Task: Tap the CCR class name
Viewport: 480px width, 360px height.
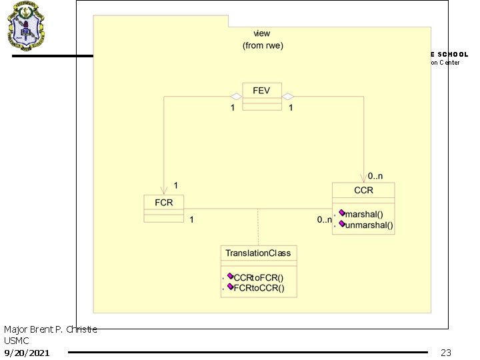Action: coord(363,190)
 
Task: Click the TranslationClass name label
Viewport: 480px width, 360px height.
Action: coord(258,253)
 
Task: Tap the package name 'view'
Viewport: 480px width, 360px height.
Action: coord(262,33)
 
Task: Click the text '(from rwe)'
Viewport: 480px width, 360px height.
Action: coord(262,45)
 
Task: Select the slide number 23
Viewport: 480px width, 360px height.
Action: coord(446,352)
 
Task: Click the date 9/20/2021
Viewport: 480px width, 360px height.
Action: coord(26,352)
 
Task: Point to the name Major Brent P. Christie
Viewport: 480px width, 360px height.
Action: coord(50,329)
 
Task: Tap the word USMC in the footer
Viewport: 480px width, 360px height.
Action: coord(16,341)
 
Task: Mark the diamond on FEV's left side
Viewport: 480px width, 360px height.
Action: coord(236,97)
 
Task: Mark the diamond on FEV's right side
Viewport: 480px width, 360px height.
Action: coord(288,97)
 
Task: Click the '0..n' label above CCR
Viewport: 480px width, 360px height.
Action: coord(376,177)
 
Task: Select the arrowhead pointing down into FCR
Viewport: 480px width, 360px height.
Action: coord(163,190)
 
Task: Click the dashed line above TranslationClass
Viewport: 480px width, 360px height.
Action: coord(258,227)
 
